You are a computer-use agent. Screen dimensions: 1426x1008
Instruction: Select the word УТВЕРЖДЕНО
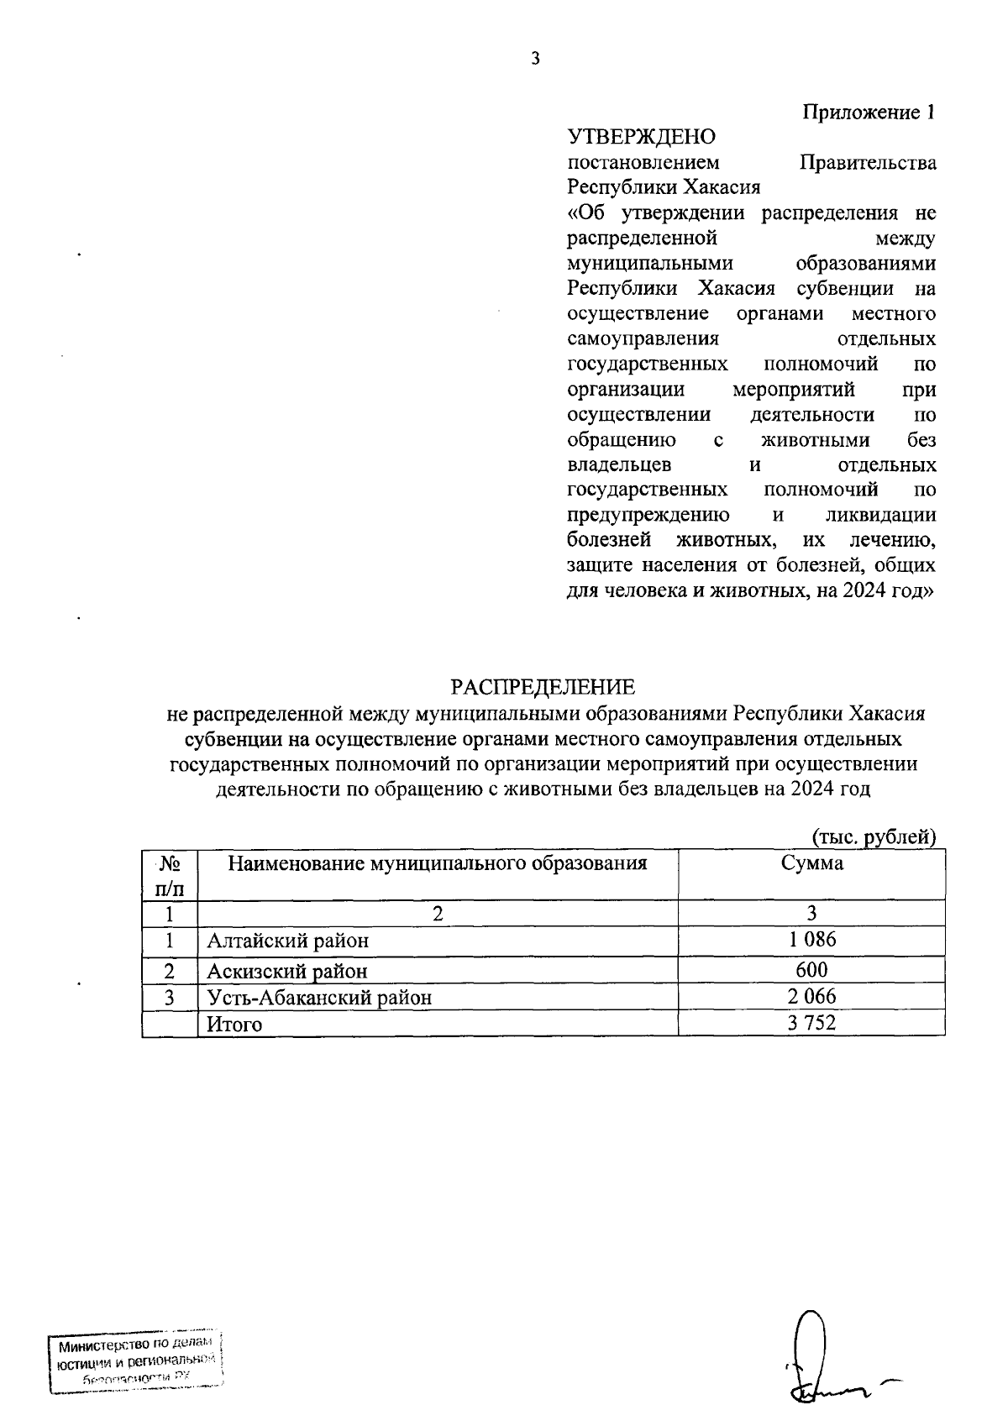[x=642, y=136]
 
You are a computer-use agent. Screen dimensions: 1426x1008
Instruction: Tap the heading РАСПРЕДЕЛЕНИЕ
[x=543, y=687]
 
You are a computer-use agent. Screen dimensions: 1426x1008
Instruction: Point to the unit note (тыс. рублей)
[x=874, y=836]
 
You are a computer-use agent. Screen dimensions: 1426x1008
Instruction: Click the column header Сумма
[x=811, y=862]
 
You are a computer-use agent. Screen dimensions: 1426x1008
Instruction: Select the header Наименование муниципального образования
[x=438, y=862]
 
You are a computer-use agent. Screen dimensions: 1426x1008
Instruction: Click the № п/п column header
[x=170, y=874]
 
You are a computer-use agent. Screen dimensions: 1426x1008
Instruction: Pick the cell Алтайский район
[x=288, y=941]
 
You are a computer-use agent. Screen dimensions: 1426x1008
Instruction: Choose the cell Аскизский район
[x=287, y=972]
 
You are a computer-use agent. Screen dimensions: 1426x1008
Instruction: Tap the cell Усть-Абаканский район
[x=319, y=998]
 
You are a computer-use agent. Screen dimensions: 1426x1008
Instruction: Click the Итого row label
[x=235, y=1024]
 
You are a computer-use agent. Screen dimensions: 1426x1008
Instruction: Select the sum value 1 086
[x=811, y=940]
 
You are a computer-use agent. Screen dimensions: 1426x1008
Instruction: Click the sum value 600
[x=811, y=970]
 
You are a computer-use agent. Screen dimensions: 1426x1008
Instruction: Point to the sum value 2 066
[x=811, y=997]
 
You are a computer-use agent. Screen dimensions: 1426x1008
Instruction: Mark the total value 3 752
[x=811, y=1022]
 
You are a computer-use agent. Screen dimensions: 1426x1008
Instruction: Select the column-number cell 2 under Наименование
[x=438, y=913]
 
